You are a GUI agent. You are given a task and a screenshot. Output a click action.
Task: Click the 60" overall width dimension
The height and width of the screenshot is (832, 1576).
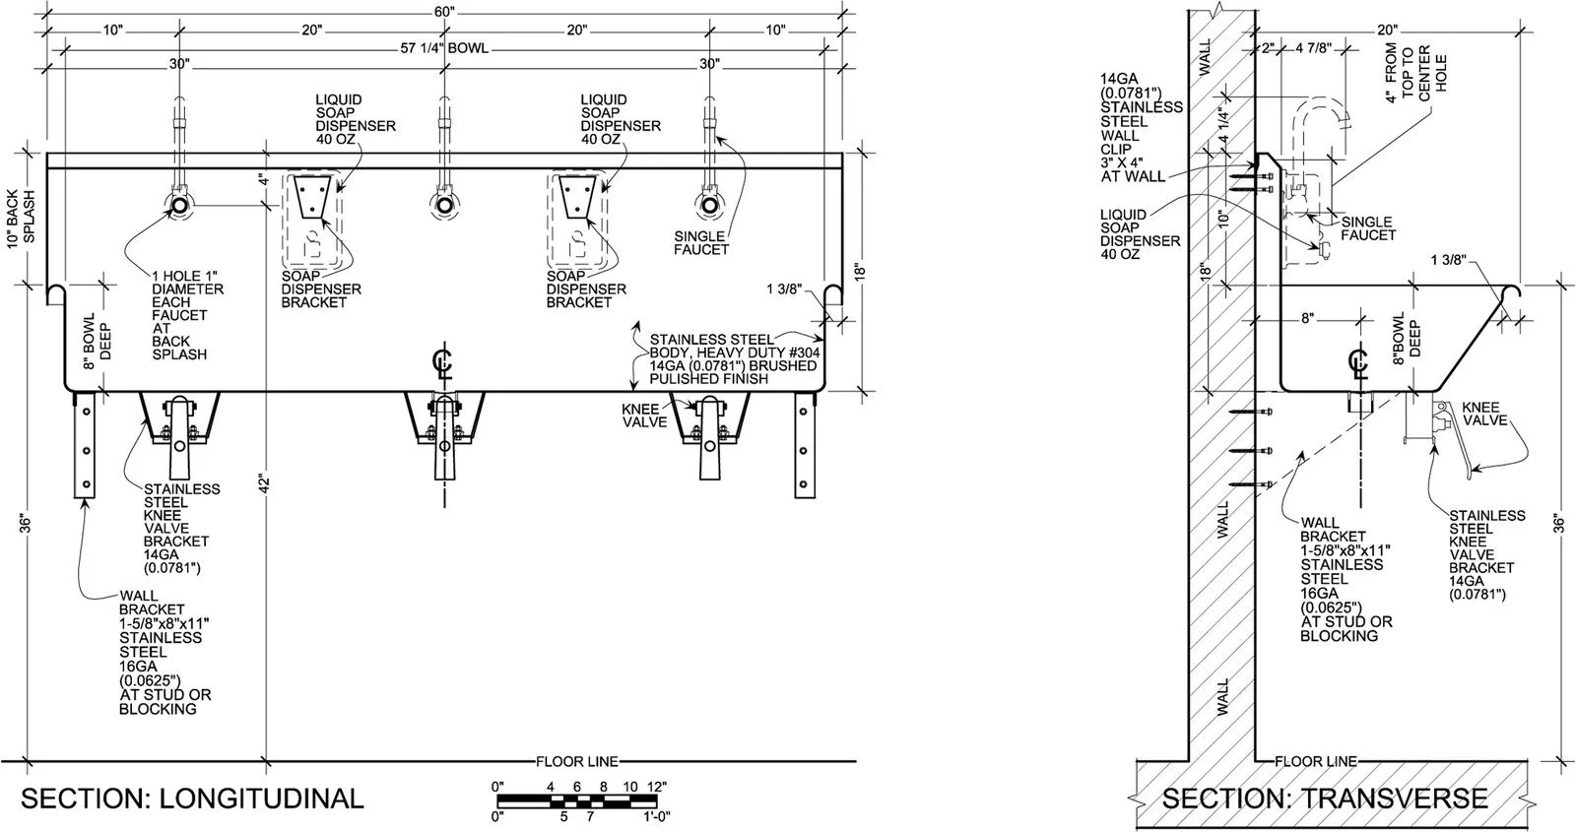click(444, 11)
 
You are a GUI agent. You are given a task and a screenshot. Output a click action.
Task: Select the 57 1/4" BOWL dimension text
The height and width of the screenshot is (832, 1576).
click(444, 48)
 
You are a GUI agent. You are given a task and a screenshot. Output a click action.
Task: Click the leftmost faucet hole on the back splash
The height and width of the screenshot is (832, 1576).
click(178, 206)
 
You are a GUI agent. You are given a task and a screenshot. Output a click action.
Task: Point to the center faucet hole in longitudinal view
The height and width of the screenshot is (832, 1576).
click(444, 206)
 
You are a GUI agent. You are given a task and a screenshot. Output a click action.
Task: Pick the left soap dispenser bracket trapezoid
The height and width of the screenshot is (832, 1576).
click(311, 198)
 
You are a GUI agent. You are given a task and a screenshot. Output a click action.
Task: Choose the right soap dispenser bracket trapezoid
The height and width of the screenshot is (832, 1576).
click(577, 198)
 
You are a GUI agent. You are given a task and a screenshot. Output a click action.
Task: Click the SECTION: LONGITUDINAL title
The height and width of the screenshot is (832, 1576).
click(192, 799)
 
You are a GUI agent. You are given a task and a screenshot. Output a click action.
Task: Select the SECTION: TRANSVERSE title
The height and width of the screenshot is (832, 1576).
click(1325, 799)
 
